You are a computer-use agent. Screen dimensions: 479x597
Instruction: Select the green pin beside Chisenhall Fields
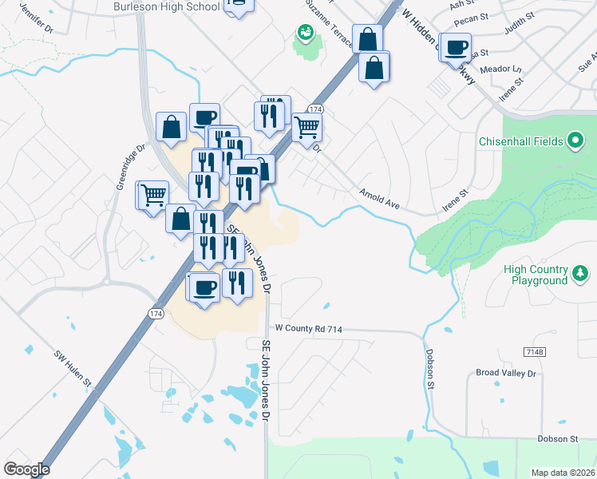point(576,142)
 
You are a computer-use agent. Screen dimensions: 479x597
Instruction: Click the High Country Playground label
point(536,275)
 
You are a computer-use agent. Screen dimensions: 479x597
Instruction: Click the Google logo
point(26,469)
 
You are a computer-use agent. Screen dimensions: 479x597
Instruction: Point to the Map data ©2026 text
point(563,473)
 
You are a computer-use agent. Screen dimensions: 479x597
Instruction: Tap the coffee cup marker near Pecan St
point(457,47)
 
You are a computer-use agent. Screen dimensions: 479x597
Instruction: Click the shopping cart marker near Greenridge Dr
point(153,194)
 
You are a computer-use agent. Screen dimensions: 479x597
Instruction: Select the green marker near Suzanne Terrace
point(305,33)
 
